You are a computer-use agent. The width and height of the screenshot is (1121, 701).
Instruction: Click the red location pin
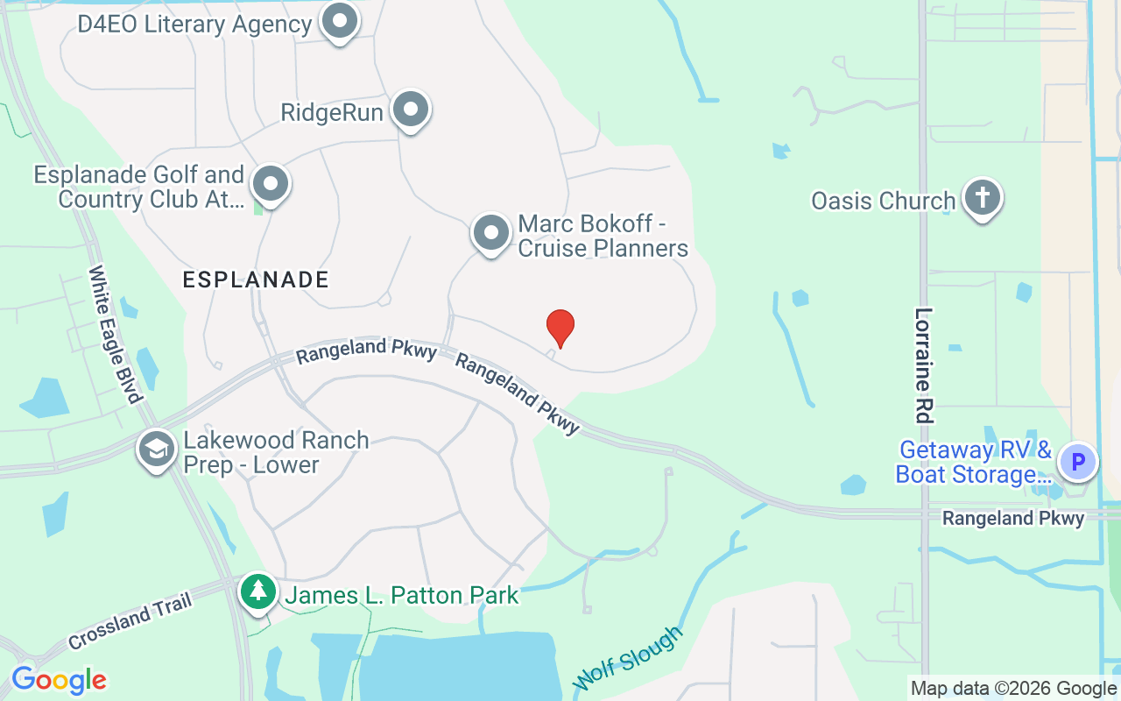560,328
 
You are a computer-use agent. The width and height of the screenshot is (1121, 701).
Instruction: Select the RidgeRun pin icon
410,110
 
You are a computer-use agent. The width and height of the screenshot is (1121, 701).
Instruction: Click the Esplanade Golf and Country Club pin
271,184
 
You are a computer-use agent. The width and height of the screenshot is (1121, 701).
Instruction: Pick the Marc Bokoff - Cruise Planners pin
491,233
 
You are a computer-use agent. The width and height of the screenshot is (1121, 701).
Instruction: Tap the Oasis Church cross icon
983,198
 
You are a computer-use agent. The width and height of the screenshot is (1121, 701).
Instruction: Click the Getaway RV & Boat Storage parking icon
1078,461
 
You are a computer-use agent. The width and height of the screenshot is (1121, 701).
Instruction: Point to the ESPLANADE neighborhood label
256,280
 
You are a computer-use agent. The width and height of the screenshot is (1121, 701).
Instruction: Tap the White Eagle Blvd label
115,334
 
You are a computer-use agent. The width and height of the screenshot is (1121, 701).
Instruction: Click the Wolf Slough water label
627,658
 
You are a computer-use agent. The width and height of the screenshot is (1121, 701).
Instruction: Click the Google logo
59,680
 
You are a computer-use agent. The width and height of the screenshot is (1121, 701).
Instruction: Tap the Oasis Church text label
883,201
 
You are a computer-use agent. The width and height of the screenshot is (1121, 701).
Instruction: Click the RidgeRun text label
331,113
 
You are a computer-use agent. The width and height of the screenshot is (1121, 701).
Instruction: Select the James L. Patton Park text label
403,596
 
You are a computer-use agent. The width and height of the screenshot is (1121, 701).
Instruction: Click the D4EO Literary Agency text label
194,24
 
